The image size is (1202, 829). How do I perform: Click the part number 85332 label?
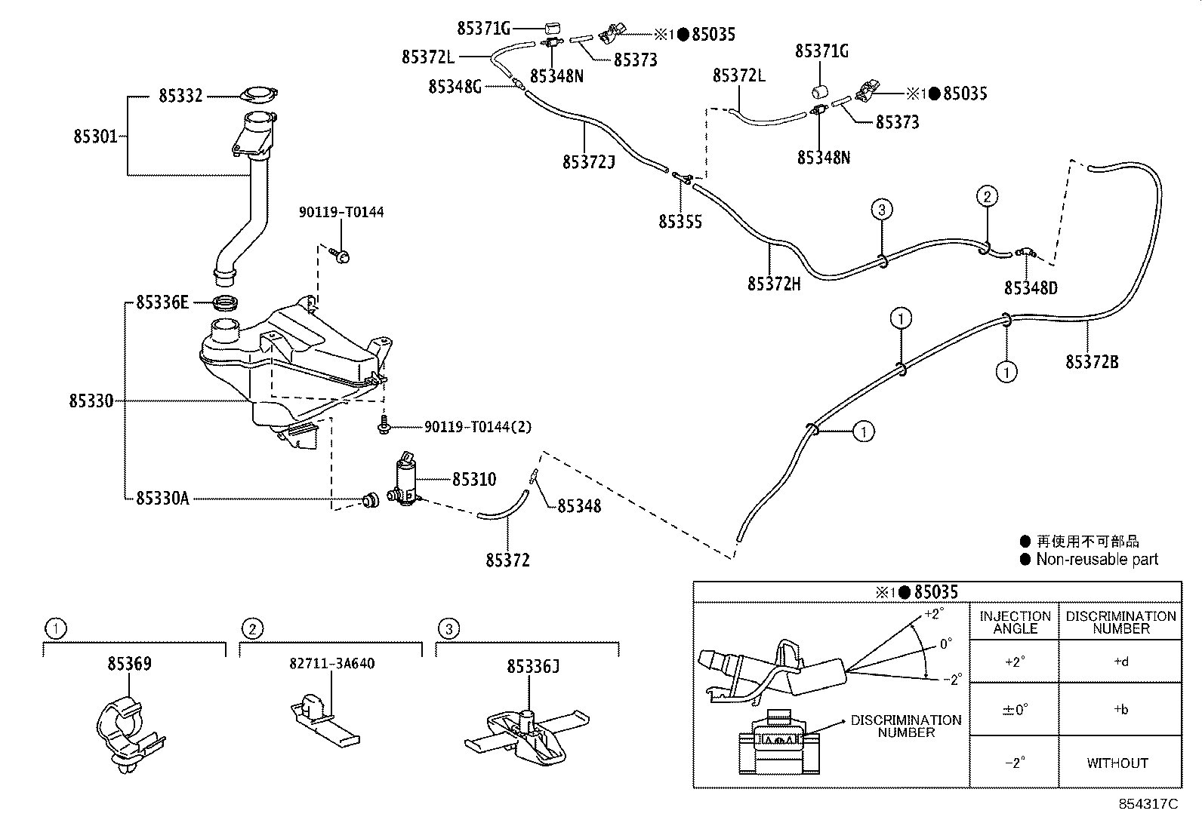click(x=180, y=96)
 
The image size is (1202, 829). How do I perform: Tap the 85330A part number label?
click(x=162, y=498)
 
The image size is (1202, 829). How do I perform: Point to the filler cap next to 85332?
click(x=257, y=96)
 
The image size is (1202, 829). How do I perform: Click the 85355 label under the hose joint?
click(x=680, y=222)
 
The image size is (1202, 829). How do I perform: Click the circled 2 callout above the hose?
click(x=987, y=197)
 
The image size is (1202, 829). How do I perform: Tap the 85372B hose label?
click(x=1092, y=362)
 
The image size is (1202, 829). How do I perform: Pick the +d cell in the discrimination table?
click(x=1120, y=662)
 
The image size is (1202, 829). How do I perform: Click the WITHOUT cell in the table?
click(x=1117, y=763)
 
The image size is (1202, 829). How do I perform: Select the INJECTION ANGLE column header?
click(x=1015, y=622)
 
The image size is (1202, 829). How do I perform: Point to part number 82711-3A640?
click(x=331, y=664)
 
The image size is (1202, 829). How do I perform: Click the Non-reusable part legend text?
click(x=1096, y=559)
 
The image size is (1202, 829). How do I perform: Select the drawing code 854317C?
click(x=1148, y=804)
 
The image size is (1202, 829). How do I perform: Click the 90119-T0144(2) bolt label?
click(x=477, y=427)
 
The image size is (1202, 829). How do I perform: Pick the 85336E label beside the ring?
click(x=162, y=302)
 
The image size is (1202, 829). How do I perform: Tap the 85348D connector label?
click(x=1031, y=288)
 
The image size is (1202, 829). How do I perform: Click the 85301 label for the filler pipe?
click(x=95, y=137)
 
